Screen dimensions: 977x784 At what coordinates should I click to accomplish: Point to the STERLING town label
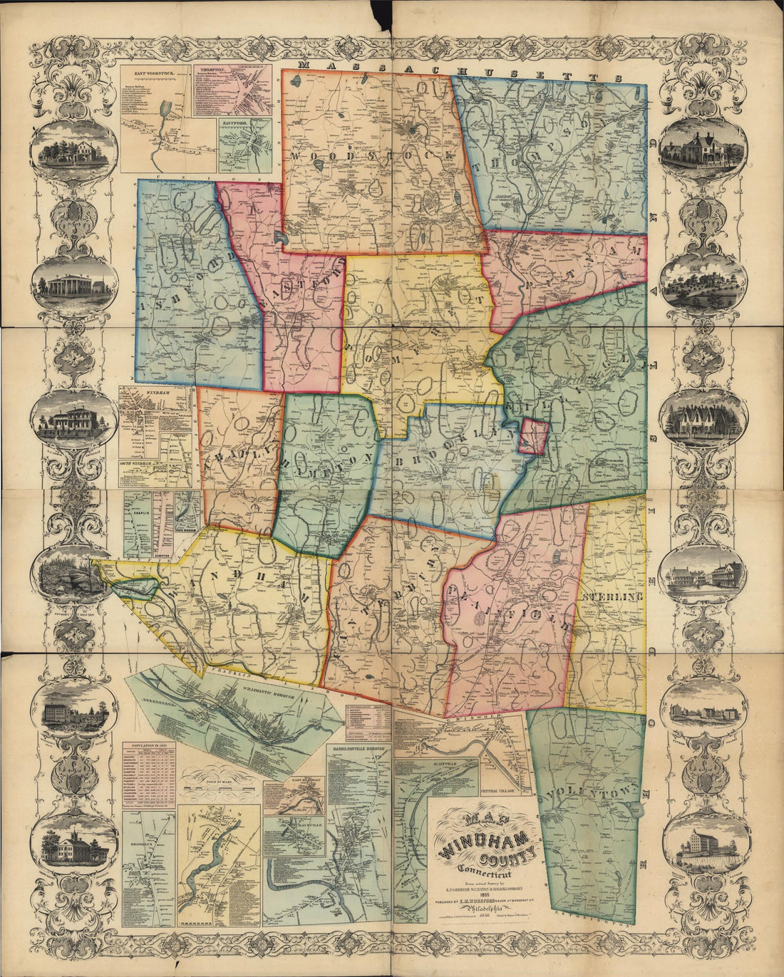(x=612, y=596)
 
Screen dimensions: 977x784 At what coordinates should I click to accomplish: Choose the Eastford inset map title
(x=234, y=123)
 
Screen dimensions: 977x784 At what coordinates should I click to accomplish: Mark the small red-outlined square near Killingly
(x=534, y=436)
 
